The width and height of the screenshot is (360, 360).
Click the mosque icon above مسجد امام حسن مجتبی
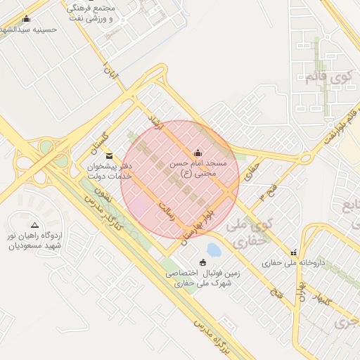[198, 153]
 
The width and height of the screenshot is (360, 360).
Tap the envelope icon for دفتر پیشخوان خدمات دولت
[108, 156]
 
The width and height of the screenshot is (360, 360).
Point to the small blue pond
[214, 250]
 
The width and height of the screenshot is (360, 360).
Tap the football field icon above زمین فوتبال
[203, 262]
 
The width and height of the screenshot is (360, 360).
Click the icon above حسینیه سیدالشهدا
[27, 19]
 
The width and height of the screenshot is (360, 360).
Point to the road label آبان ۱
[111, 74]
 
